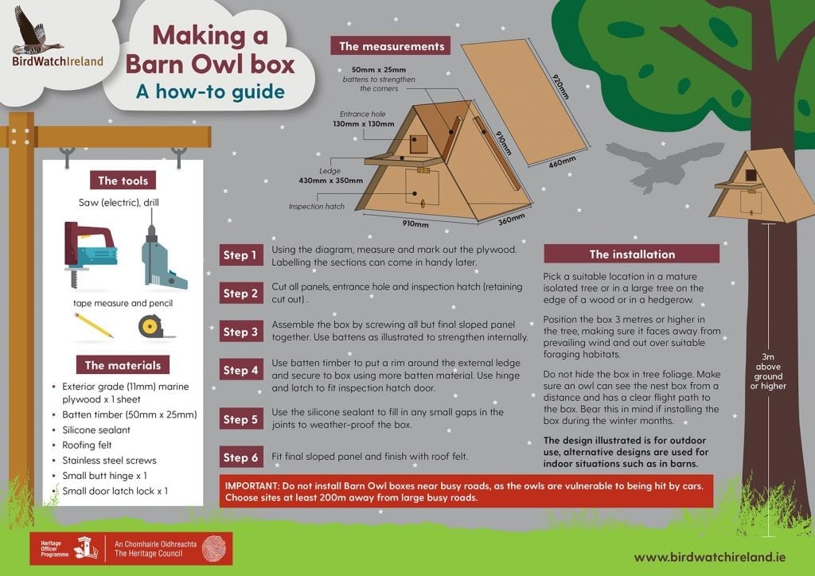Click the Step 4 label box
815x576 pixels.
[240, 370]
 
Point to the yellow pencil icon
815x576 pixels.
[94, 325]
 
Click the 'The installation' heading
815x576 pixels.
[632, 255]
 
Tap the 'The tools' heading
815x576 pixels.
[123, 181]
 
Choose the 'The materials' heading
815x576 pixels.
[123, 365]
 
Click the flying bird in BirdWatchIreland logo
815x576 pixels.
[33, 30]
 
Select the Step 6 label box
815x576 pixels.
[240, 457]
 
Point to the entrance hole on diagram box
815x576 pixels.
[419, 144]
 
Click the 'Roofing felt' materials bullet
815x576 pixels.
[90, 445]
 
